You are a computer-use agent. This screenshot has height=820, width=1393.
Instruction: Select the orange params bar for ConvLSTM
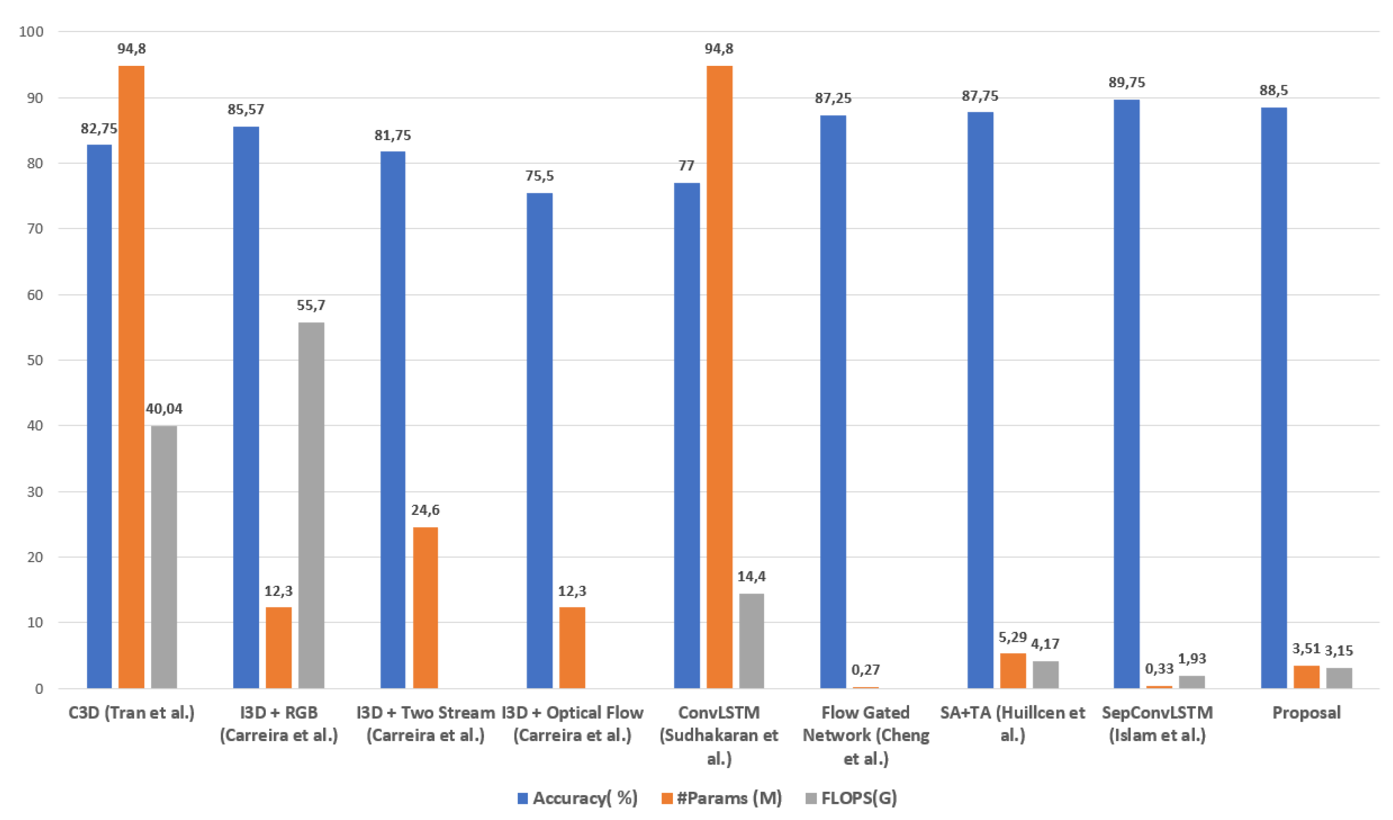(x=719, y=376)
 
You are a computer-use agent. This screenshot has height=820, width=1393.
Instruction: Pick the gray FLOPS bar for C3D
(x=164, y=556)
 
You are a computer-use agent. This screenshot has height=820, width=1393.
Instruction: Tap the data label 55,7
(x=311, y=305)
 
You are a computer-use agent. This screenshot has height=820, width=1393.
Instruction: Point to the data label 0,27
(x=865, y=670)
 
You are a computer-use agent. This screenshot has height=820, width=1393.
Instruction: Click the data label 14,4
(x=751, y=577)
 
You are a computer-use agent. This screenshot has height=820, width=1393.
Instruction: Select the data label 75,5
(x=539, y=176)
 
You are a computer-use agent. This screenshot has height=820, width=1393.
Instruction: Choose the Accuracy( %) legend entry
(x=577, y=798)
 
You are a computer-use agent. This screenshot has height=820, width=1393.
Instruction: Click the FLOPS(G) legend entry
(x=851, y=798)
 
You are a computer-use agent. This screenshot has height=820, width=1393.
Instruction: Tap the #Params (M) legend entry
(x=721, y=798)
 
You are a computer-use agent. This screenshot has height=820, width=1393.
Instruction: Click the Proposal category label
(x=1306, y=713)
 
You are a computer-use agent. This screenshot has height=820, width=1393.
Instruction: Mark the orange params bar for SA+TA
(x=1013, y=670)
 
